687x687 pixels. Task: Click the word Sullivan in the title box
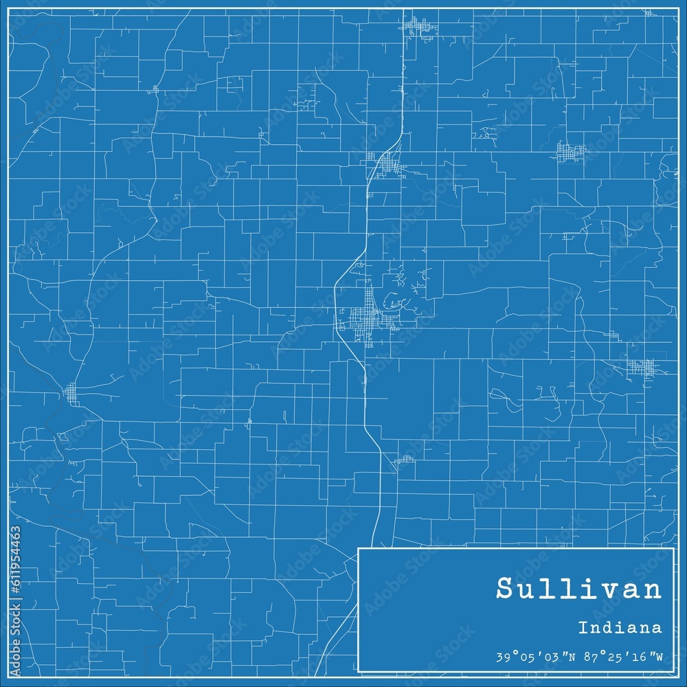point(578,590)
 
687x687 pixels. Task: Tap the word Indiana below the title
point(620,627)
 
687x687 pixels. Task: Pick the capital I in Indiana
point(582,627)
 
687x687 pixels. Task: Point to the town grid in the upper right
point(571,152)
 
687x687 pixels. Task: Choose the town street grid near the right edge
point(643,368)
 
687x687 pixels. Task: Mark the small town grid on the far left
point(71,394)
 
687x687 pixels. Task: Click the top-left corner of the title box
point(359,549)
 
